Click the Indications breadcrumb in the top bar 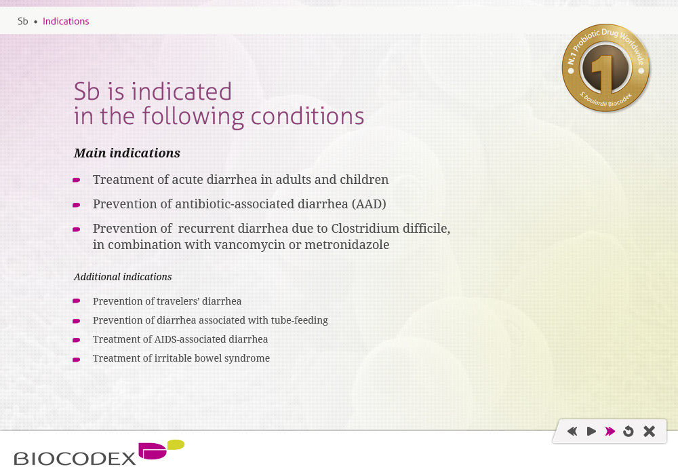coord(66,21)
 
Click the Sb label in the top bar coord(23,21)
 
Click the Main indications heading coord(127,153)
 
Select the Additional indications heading coord(123,277)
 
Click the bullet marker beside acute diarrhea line coord(77,180)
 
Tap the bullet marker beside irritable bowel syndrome coord(77,360)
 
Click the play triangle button coord(591,432)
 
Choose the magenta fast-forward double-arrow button coord(610,432)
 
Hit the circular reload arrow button coord(629,432)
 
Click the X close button coord(649,432)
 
